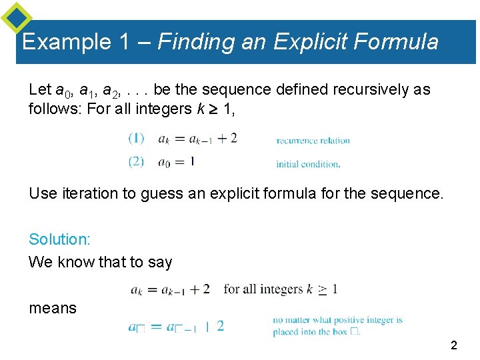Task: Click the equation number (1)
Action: point(136,139)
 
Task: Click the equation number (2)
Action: point(136,161)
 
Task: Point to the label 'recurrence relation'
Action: point(313,141)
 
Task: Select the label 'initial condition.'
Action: point(308,164)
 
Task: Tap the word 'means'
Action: point(53,308)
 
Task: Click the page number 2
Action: point(454,345)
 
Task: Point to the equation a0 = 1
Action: point(177,161)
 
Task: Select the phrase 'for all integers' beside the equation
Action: point(263,289)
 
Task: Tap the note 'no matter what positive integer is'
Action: point(337,320)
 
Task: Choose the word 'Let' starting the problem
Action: point(39,89)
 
